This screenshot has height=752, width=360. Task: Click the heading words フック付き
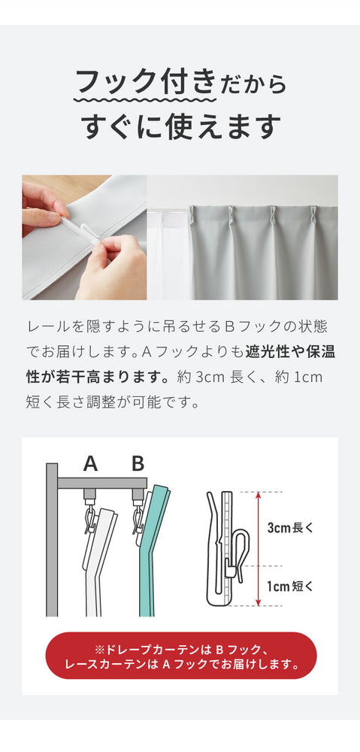point(145,81)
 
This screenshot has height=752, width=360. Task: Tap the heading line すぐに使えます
point(180,126)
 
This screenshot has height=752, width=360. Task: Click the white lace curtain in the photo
point(168,254)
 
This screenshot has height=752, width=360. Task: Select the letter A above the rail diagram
point(91,464)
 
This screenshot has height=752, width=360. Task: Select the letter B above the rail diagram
point(138,464)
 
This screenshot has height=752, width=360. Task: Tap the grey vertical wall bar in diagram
point(52,539)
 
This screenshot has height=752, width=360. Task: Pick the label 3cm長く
point(290,528)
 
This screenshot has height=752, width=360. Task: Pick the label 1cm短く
point(290,586)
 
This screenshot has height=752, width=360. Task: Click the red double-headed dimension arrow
point(259,549)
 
